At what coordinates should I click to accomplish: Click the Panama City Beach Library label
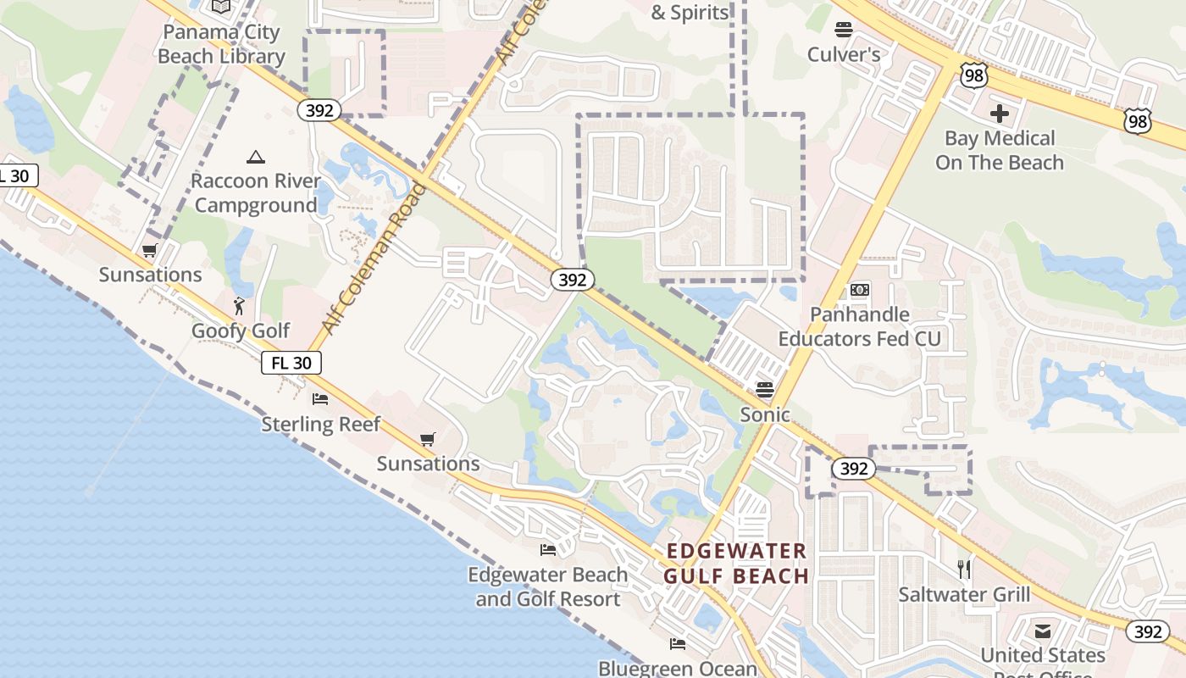(221, 45)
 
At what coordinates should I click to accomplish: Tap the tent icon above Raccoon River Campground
(255, 157)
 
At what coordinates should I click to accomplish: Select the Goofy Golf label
(241, 331)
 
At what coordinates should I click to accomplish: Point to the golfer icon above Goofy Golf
(240, 306)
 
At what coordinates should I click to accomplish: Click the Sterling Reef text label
(321, 424)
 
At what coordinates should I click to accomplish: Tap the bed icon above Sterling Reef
(320, 399)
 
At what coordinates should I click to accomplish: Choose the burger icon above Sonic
(765, 390)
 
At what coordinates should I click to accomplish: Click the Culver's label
(844, 55)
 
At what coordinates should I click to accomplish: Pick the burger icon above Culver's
(843, 31)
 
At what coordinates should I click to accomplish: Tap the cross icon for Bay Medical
(1000, 113)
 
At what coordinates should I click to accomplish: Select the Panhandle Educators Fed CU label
(860, 326)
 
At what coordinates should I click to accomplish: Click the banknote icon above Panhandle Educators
(860, 290)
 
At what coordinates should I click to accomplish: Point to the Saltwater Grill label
(964, 594)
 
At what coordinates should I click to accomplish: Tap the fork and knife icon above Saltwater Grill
(964, 569)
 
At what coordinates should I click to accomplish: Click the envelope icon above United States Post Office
(1043, 631)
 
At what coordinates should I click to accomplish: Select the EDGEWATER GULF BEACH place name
(736, 564)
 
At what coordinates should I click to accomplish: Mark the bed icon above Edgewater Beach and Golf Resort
(548, 550)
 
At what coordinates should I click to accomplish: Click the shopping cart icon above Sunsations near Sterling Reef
(428, 439)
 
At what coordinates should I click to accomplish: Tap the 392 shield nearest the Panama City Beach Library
(319, 110)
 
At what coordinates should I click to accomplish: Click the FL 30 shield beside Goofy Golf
(291, 363)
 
